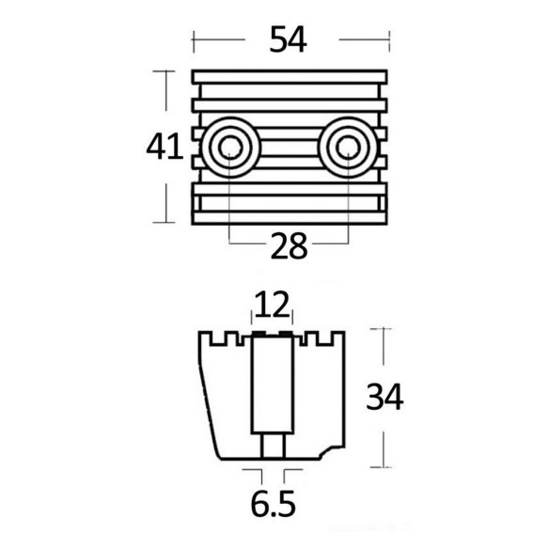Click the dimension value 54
point(289,39)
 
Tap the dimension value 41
point(165,147)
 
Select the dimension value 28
point(290,246)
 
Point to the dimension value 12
point(272,305)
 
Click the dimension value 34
point(384,397)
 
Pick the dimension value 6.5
point(274,504)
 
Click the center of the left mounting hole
point(230,148)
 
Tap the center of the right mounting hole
point(348,148)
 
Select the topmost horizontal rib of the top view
point(290,77)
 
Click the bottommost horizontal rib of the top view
point(290,218)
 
